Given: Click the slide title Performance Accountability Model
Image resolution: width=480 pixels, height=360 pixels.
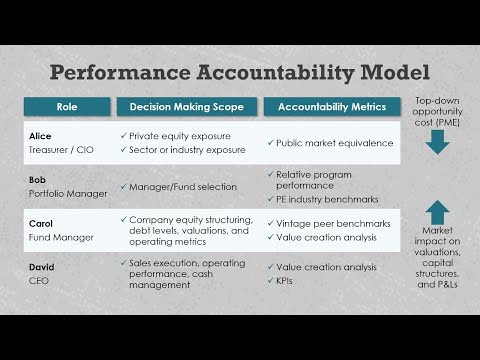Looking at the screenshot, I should coord(240,73).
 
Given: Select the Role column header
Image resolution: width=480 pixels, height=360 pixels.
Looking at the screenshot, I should coord(66,107).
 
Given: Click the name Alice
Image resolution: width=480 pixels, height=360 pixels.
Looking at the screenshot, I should coord(39,134).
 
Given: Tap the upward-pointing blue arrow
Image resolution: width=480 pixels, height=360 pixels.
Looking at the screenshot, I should coord(437,211).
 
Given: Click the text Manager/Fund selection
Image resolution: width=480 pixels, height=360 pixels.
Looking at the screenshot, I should coord(182,187).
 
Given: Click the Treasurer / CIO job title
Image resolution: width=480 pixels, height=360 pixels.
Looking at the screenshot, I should coord(58,149).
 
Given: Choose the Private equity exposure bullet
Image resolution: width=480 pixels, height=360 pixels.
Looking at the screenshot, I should coord(182,134).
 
